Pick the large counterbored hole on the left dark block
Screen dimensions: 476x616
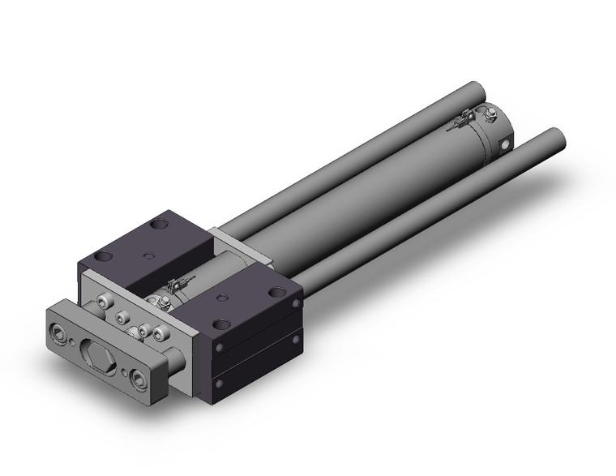coord(103,258)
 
